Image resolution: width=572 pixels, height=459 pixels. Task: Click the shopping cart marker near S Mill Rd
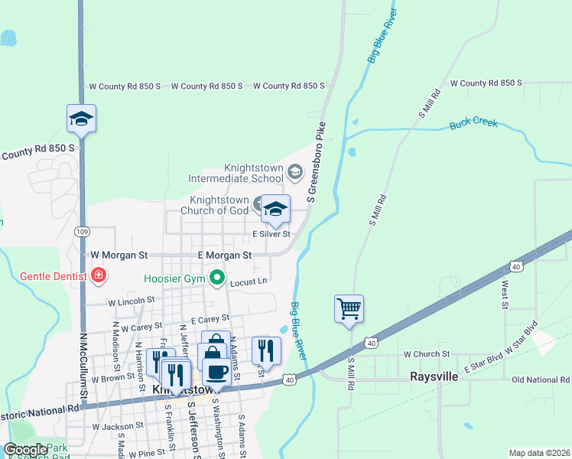[349, 309]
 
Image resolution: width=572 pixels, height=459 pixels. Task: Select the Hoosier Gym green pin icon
[218, 278]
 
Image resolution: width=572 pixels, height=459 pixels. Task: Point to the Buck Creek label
[473, 122]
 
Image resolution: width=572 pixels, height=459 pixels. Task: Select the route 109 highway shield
[83, 231]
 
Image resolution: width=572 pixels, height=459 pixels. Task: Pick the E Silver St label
[271, 234]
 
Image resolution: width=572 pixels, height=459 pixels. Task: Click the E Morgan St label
[225, 255]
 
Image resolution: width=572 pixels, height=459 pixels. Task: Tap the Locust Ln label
[249, 282]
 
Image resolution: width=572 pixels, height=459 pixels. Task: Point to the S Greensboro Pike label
[316, 161]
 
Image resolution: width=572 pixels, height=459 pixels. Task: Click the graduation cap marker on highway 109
[81, 119]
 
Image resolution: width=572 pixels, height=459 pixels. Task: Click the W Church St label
[427, 354]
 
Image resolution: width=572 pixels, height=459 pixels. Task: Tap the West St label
[505, 295]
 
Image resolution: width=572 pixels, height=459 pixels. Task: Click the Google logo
[26, 450]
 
